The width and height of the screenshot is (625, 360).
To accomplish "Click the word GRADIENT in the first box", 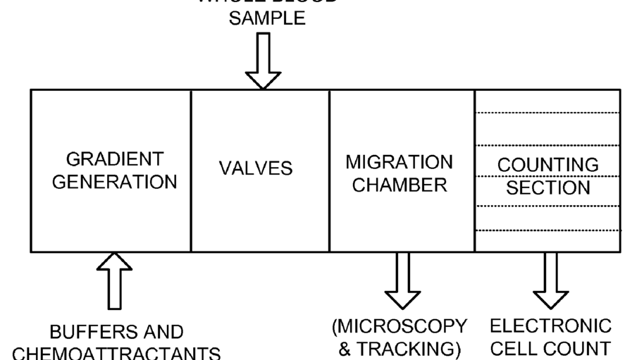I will point(116,158).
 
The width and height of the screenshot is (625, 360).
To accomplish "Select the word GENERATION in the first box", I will point(116,182).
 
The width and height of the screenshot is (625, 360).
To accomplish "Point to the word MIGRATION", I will point(400,162).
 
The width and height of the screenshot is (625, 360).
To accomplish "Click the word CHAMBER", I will point(400,186).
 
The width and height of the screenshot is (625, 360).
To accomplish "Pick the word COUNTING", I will point(548,165).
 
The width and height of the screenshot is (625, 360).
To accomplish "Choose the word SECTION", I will point(548,187).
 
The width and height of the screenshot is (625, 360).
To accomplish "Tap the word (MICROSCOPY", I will point(400,327).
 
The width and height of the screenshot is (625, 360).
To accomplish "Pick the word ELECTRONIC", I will point(550,327).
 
